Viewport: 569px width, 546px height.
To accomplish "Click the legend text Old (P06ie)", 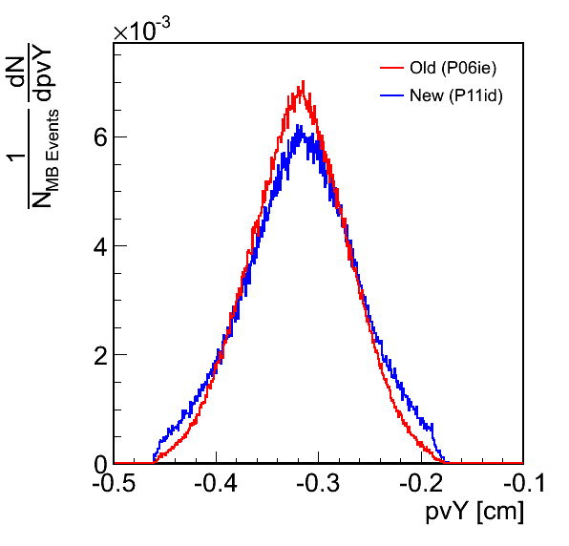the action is (x=453, y=68).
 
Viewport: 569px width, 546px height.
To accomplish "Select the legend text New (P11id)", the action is (x=456, y=95).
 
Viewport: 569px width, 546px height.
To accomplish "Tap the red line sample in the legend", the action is (x=392, y=68).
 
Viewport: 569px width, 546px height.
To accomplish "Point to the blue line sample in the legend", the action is (x=392, y=95).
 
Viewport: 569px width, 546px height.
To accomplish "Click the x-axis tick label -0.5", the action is (x=114, y=483).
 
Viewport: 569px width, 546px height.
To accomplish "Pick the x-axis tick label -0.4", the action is (x=216, y=483).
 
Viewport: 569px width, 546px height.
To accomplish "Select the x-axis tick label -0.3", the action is (x=318, y=483).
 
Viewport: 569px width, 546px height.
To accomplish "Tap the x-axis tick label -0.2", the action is (x=421, y=483).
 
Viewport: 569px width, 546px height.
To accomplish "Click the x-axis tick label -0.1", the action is (x=523, y=483).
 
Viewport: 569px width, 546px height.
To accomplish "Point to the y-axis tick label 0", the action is (x=100, y=465).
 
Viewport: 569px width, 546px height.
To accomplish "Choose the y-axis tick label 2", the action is (x=100, y=356).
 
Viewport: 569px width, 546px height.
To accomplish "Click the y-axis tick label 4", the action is (x=100, y=247).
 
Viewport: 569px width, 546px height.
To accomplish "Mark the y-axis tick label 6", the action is (x=100, y=138).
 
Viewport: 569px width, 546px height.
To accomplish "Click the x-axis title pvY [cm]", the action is (x=474, y=512).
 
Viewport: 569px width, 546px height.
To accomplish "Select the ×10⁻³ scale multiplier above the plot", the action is (x=141, y=30).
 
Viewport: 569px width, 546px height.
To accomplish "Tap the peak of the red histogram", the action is (x=303, y=82).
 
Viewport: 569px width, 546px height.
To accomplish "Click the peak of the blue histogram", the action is (x=298, y=126).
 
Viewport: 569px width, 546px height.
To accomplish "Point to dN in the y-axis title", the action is (x=16, y=72).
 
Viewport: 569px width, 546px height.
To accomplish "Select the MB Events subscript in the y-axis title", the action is (x=53, y=151).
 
